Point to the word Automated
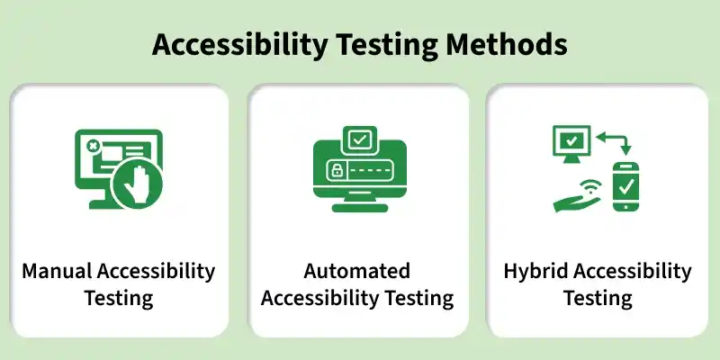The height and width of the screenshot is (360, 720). [x=357, y=271]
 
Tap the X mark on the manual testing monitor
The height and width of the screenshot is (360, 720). [x=91, y=146]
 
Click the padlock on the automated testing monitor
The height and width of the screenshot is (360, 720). [x=336, y=171]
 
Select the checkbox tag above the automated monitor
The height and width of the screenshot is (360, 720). [x=359, y=140]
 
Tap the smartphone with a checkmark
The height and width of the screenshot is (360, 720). [x=625, y=186]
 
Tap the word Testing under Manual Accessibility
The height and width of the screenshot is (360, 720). [x=119, y=298]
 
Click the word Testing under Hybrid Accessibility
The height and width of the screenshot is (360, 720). [x=598, y=298]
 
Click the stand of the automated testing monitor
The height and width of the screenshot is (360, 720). [x=359, y=204]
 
